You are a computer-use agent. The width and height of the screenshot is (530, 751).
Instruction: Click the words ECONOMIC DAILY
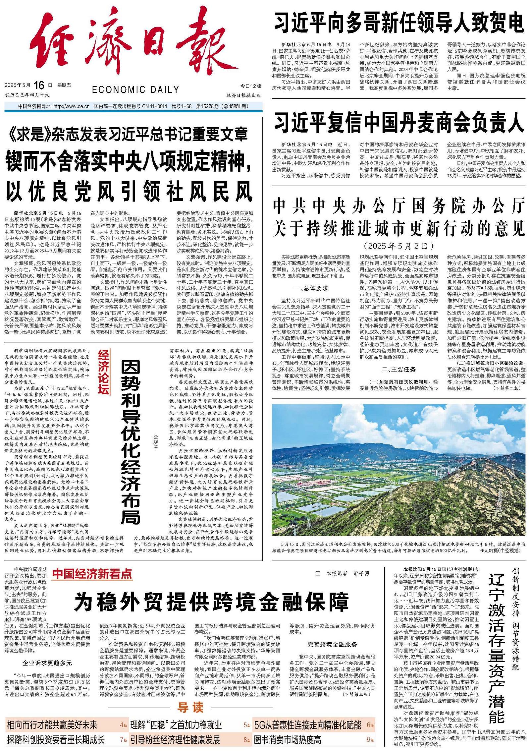coord(135,89)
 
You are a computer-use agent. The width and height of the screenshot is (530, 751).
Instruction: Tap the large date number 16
coord(38,86)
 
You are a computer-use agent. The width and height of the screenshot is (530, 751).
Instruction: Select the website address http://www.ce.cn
coord(71,107)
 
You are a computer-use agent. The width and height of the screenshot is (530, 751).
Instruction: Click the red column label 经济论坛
coord(103,373)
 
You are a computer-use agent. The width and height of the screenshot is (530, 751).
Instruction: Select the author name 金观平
coord(156,442)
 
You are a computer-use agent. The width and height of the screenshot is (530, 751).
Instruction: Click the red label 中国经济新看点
coord(92,574)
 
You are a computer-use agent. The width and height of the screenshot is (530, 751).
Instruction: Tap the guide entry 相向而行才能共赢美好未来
coord(52,725)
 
